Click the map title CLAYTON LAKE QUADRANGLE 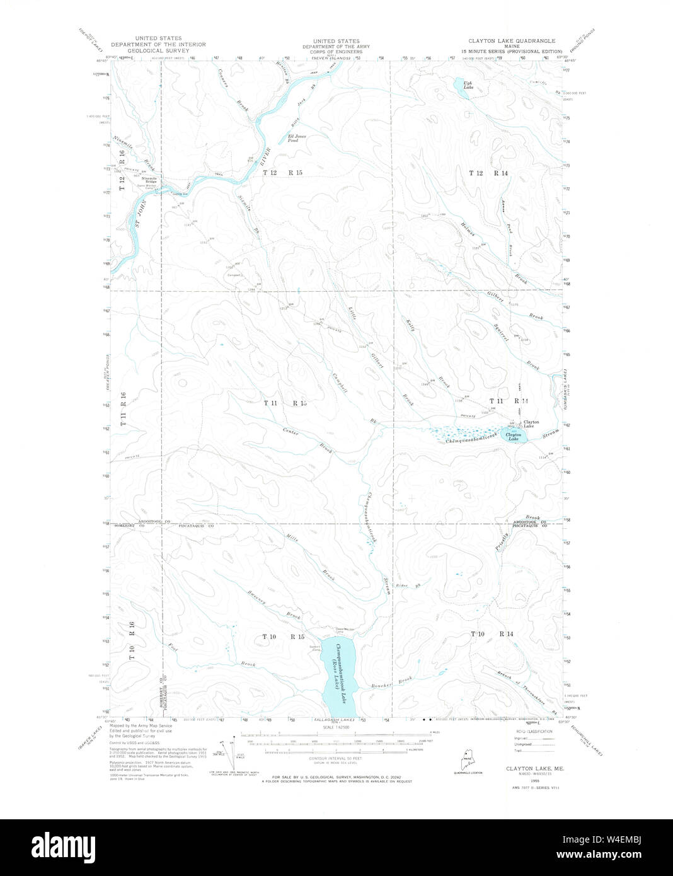(x=512, y=40)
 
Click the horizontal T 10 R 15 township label (x=283, y=637)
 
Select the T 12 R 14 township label (x=488, y=172)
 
